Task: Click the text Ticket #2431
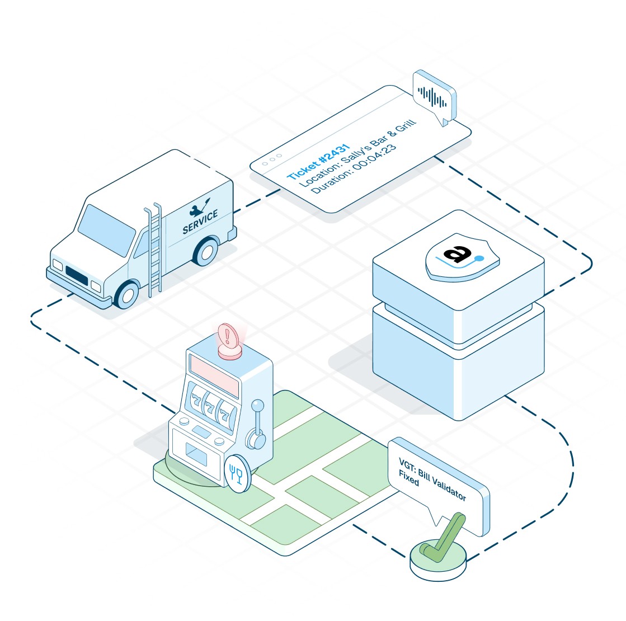click(318, 162)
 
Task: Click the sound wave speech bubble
click(434, 97)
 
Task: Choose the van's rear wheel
click(205, 251)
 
